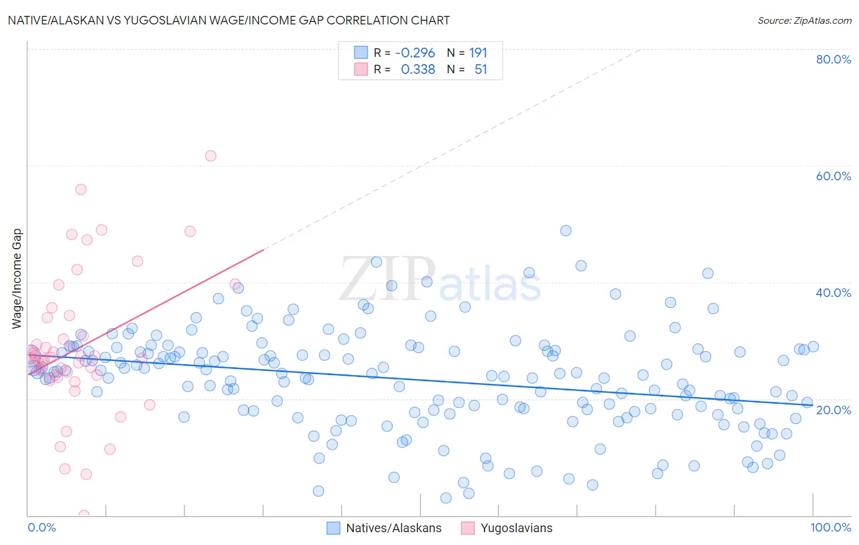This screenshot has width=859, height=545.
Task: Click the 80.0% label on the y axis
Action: (833, 59)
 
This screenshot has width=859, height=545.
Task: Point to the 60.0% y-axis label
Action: (833, 176)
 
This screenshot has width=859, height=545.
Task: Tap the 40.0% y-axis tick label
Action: (833, 293)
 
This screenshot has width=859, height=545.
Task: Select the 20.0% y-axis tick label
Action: (833, 409)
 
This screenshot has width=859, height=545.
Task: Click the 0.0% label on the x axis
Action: (42, 527)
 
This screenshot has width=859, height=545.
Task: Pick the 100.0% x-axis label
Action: (830, 527)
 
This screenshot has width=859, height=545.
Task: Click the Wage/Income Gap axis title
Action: (17, 279)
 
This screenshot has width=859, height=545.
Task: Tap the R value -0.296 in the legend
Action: (415, 53)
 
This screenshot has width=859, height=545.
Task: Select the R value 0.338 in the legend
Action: (418, 70)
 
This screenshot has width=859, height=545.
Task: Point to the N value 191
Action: (478, 53)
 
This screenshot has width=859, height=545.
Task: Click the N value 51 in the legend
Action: (481, 70)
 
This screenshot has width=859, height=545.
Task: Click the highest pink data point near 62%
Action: (211, 156)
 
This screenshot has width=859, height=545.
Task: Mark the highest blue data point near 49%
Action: (566, 231)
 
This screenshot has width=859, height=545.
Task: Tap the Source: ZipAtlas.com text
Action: (804, 21)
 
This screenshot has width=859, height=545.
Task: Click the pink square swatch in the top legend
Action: (361, 69)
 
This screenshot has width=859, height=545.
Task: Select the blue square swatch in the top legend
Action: (361, 53)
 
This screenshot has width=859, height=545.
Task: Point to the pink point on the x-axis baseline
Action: (84, 515)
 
